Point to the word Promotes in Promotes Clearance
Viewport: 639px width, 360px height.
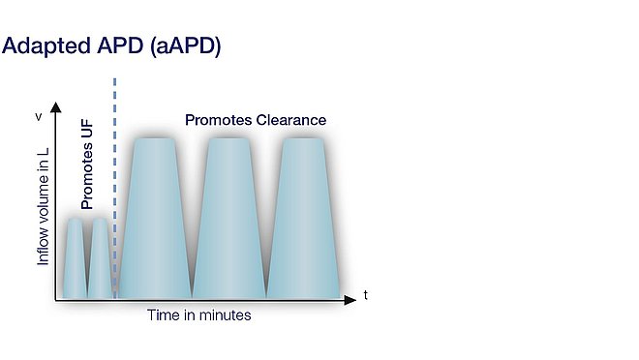pos(219,121)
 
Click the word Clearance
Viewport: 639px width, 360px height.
pos(291,121)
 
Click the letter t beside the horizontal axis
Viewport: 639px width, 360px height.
pos(365,292)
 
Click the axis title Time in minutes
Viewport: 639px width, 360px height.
pos(199,315)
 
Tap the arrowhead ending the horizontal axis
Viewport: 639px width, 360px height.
pos(354,299)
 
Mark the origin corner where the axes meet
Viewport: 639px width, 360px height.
pos(56,299)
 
